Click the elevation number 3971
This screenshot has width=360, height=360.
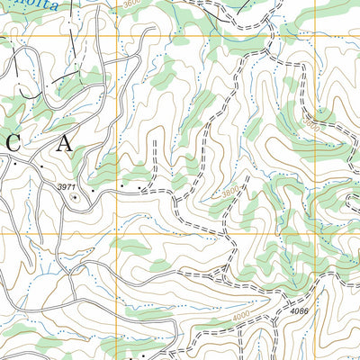[67, 186]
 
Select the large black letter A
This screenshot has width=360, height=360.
[64, 142]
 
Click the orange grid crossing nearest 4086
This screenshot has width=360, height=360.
[315, 234]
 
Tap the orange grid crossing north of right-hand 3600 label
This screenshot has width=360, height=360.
[315, 36]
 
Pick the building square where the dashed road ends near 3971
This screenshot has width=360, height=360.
[142, 189]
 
